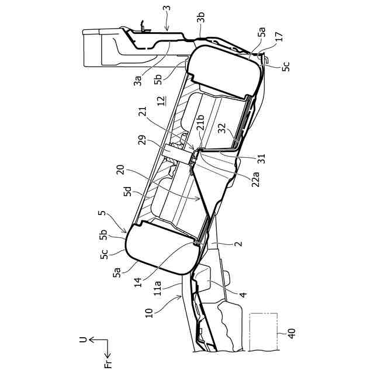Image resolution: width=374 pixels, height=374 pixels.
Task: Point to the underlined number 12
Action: point(159,102)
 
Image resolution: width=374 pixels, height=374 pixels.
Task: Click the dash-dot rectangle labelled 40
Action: point(262,332)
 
